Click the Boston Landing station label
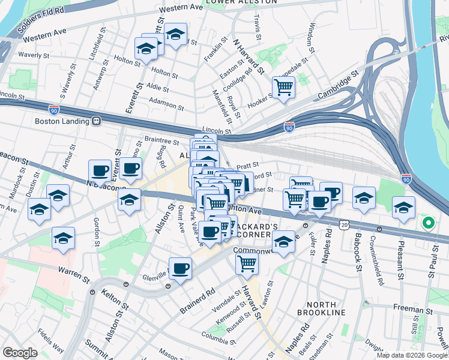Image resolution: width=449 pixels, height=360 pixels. [x=62, y=121]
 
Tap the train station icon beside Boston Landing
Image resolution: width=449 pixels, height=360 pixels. [x=95, y=121]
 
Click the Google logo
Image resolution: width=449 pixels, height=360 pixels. [x=20, y=353]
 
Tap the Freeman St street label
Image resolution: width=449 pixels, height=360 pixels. [x=410, y=309]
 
